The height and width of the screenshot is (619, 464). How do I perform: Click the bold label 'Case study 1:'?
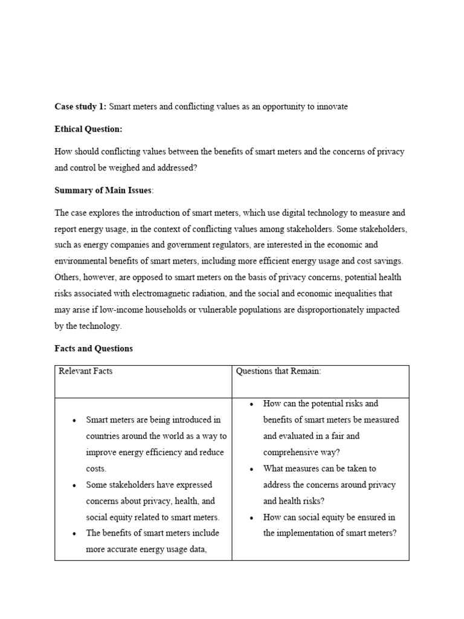(x=80, y=107)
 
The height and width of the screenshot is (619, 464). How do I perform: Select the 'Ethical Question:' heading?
(x=88, y=129)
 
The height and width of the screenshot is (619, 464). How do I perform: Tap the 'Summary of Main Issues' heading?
(x=103, y=190)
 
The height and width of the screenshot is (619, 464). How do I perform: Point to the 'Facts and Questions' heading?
(x=94, y=349)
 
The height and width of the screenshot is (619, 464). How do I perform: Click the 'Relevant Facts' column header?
(x=85, y=371)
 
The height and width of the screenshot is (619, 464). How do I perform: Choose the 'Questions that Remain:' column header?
(x=279, y=371)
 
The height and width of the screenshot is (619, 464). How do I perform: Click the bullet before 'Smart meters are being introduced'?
(x=74, y=420)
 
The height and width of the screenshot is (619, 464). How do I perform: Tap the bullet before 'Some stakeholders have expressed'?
(x=74, y=485)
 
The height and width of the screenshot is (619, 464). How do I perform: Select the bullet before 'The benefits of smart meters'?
(x=74, y=534)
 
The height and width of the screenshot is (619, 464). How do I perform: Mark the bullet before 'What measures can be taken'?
(x=251, y=469)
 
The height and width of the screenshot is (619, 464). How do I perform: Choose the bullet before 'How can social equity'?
(x=251, y=518)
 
